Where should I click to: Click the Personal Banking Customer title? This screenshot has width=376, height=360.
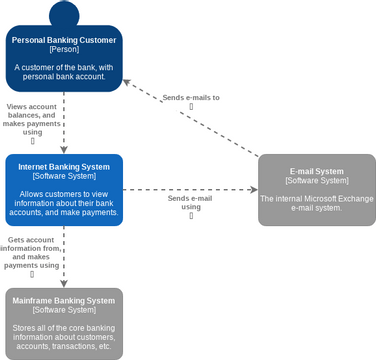coord(64,40)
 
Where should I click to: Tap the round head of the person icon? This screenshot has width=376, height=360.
coord(64,15)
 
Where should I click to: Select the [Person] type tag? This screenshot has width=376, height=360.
coord(64,50)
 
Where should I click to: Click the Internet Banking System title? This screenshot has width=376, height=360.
coord(64,166)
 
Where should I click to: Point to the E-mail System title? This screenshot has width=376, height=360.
coord(317,171)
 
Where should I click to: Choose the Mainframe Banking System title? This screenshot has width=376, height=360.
coord(64,300)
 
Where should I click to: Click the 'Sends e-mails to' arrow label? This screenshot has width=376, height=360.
coord(190,98)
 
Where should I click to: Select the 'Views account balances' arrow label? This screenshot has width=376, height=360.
coord(32,118)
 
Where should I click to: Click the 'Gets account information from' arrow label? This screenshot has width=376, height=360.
coord(32,253)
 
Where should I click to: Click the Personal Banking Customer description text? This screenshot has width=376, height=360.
coord(64,71)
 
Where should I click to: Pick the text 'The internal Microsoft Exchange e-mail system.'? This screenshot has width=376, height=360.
coord(317,203)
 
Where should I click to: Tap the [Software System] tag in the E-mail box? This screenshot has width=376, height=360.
coord(317,181)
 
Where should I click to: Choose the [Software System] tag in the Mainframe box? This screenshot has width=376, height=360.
coord(64,310)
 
